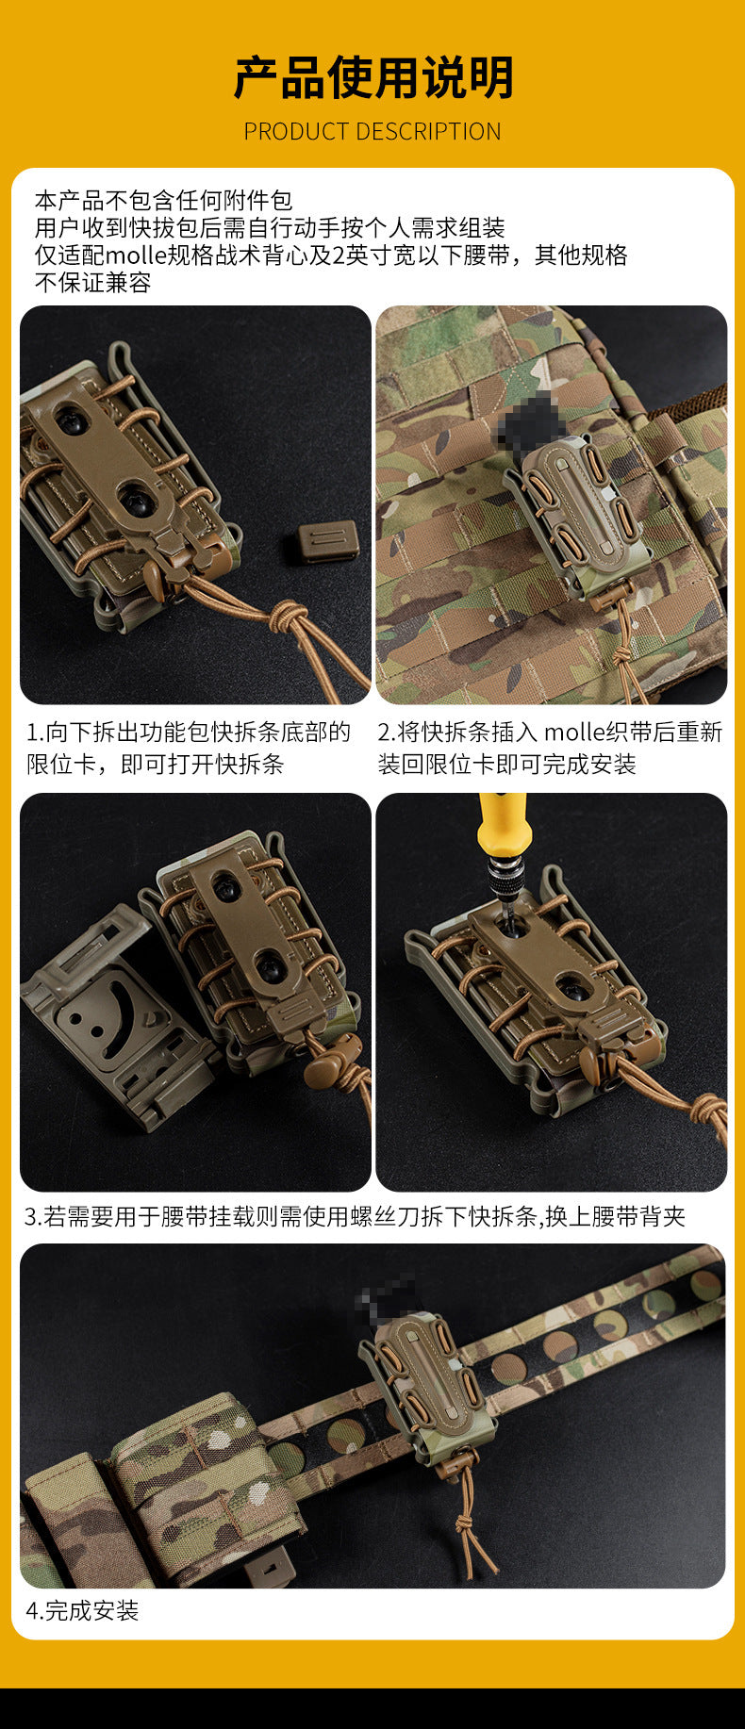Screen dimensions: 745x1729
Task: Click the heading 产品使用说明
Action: (372, 77)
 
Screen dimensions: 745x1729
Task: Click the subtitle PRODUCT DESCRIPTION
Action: (372, 131)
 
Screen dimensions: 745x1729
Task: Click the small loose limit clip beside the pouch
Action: (328, 540)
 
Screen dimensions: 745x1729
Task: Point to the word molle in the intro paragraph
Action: (136, 255)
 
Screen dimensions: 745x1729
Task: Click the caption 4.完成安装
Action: (83, 1610)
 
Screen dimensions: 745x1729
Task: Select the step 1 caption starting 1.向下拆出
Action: (189, 748)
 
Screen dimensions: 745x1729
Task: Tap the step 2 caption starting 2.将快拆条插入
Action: (551, 748)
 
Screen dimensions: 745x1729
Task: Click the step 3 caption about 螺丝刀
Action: (355, 1216)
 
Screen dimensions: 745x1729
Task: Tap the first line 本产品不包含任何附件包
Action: (163, 201)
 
